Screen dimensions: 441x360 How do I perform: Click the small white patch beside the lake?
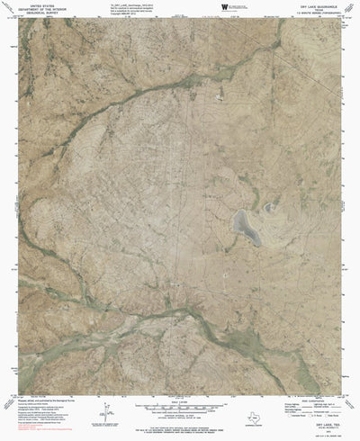270,209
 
